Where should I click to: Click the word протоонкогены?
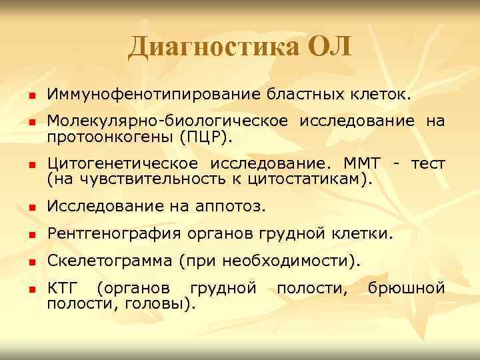point(109,137)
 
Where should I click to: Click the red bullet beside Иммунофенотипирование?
point(31,97)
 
